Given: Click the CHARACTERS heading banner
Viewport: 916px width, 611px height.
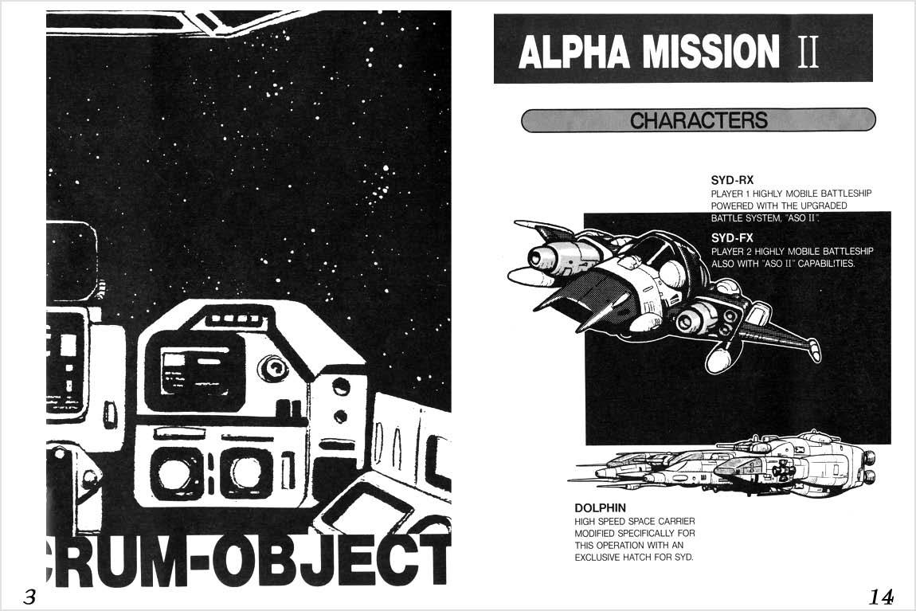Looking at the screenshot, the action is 699,120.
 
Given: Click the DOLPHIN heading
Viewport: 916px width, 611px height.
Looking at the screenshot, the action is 600,507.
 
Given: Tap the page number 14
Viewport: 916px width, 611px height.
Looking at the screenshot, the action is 882,596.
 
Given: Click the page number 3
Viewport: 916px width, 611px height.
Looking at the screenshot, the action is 29,597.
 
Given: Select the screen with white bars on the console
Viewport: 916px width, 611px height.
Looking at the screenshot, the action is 196,370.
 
